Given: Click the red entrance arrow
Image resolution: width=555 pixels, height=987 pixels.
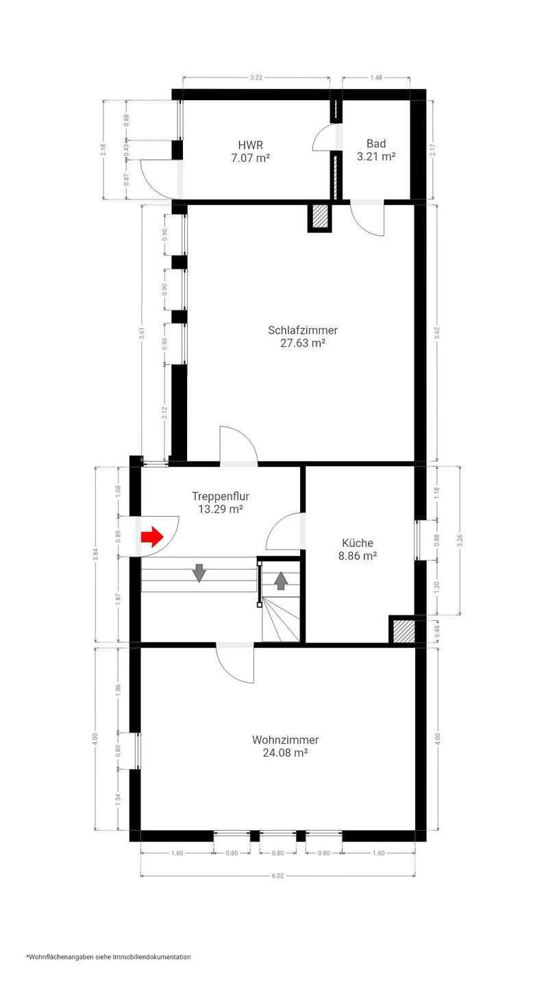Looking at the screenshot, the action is pyautogui.click(x=152, y=537).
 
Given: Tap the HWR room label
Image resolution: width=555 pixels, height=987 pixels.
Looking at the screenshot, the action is pyautogui.click(x=251, y=145).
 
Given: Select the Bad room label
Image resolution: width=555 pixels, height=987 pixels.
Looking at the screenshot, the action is pyautogui.click(x=376, y=143).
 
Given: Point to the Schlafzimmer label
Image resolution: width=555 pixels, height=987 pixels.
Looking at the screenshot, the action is pyautogui.click(x=303, y=330).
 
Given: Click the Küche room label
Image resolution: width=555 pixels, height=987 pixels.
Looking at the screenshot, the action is pyautogui.click(x=358, y=543).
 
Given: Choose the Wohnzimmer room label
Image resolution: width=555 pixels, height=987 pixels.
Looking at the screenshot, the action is pyautogui.click(x=286, y=740).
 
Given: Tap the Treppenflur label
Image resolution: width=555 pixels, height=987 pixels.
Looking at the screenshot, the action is pyautogui.click(x=221, y=496).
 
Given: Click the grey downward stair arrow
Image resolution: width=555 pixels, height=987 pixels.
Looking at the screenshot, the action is pyautogui.click(x=199, y=573).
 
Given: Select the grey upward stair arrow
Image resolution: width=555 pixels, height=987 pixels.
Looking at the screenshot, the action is pyautogui.click(x=281, y=581).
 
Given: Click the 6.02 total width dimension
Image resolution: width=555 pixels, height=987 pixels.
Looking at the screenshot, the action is pyautogui.click(x=278, y=875).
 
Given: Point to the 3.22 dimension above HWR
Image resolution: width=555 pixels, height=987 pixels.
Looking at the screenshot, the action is pyautogui.click(x=256, y=77).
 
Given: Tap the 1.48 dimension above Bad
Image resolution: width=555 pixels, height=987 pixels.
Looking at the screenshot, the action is pyautogui.click(x=376, y=77).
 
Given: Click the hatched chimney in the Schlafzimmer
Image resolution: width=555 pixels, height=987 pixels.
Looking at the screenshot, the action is pyautogui.click(x=320, y=218).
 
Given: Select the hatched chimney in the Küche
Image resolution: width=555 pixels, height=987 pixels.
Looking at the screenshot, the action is pyautogui.click(x=402, y=629).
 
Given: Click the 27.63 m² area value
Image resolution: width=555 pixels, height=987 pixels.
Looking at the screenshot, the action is pyautogui.click(x=303, y=343).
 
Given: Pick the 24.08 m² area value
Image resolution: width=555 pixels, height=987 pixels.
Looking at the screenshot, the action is pyautogui.click(x=286, y=753).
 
